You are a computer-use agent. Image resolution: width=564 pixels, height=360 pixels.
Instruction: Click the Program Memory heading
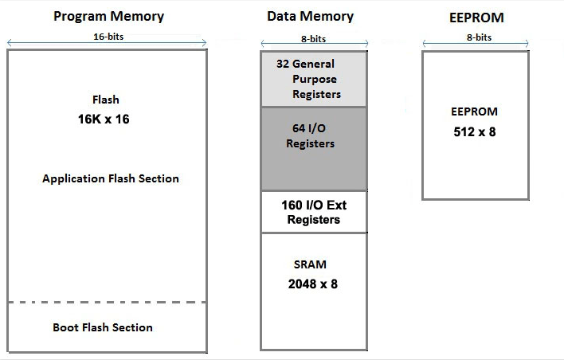(x=108, y=16)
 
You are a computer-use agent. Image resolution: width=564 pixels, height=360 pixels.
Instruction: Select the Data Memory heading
(x=310, y=16)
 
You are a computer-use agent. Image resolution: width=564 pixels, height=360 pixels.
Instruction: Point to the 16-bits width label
(x=107, y=37)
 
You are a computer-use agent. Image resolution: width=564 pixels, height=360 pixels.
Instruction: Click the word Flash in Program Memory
(x=106, y=100)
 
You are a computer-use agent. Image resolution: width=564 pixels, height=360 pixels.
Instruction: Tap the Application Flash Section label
(x=111, y=178)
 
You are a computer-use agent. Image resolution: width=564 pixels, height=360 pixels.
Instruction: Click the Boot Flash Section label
(x=103, y=327)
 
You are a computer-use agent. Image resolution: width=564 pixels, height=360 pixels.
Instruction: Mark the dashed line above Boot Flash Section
(x=107, y=303)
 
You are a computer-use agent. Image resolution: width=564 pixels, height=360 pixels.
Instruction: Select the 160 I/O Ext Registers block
(x=313, y=212)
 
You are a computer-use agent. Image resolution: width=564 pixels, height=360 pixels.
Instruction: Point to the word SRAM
(x=310, y=264)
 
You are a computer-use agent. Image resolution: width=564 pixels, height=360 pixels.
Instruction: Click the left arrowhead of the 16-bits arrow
(x=10, y=43)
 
